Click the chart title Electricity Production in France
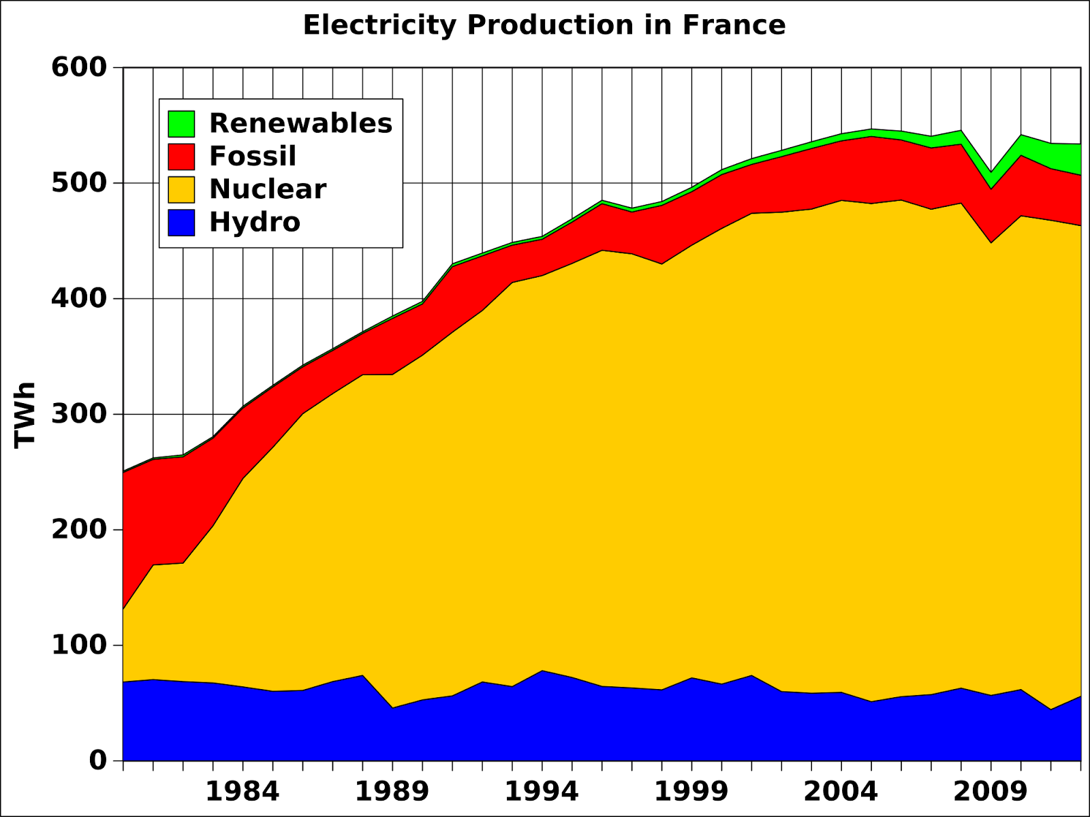click(544, 25)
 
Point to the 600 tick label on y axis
click(79, 67)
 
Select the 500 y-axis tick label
click(79, 183)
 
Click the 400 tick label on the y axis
click(79, 298)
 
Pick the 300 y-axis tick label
click(79, 414)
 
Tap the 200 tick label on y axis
click(79, 529)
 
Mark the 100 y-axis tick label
click(79, 645)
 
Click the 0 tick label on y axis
click(98, 760)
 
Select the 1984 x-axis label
click(243, 792)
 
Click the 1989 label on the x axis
click(392, 792)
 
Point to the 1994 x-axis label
click(542, 792)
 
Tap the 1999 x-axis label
click(691, 792)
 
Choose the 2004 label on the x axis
click(841, 792)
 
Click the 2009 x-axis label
click(991, 792)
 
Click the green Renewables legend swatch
click(181, 124)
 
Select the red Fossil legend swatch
click(181, 157)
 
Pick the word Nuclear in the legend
click(268, 189)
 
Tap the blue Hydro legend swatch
click(181, 223)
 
